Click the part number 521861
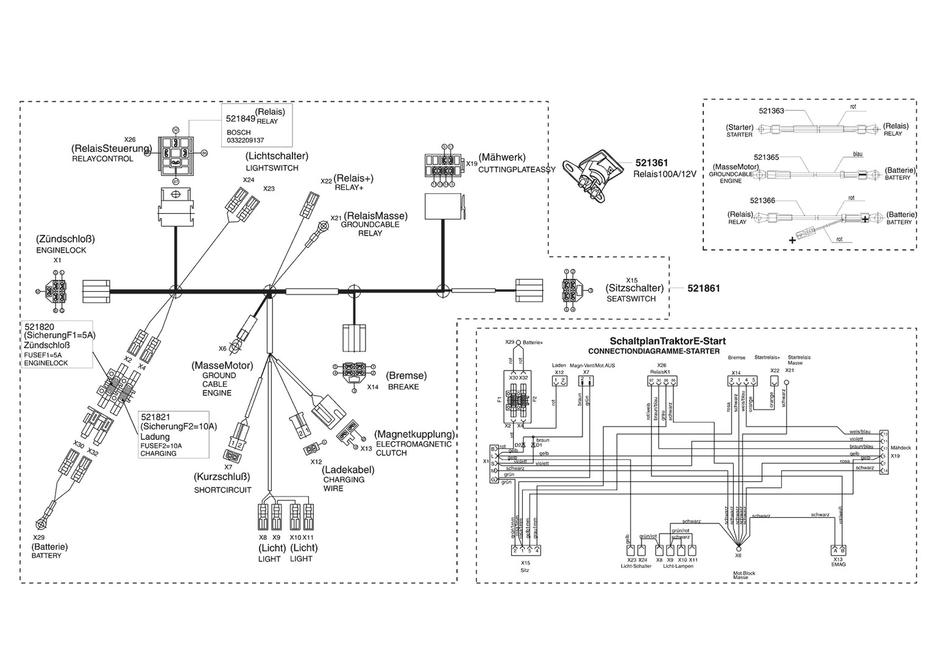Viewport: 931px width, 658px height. pos(703,288)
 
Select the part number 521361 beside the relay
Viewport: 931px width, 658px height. pos(651,163)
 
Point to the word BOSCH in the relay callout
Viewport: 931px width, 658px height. pos(238,132)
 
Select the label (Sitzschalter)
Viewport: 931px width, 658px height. pos(634,288)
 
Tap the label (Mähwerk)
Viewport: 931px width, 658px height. pos(501,157)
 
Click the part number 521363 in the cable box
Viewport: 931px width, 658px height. pos(771,111)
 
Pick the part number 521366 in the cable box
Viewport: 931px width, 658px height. pos(762,200)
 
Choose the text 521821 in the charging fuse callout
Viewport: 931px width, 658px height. pos(156,417)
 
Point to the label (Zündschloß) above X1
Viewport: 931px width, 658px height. pos(65,239)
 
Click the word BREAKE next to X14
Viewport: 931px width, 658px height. pos(403,387)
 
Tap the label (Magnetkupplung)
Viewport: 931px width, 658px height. pos(414,434)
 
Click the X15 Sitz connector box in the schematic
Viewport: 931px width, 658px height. pos(525,550)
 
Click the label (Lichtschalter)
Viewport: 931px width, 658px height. pos(277,157)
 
